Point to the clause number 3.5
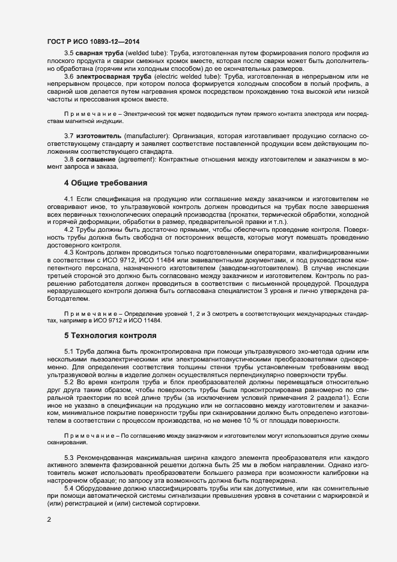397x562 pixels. point(68,54)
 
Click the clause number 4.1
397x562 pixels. point(68,198)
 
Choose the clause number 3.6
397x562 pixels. point(68,77)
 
